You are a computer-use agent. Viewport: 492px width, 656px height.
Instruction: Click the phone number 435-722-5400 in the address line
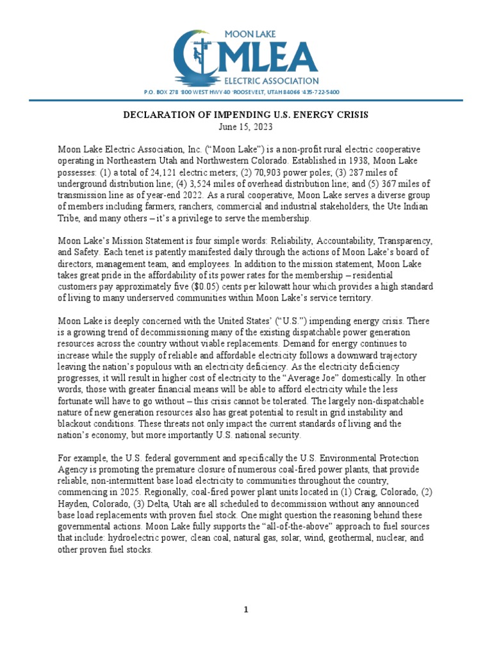pos(322,92)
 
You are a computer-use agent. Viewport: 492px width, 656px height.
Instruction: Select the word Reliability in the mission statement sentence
pos(294,240)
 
